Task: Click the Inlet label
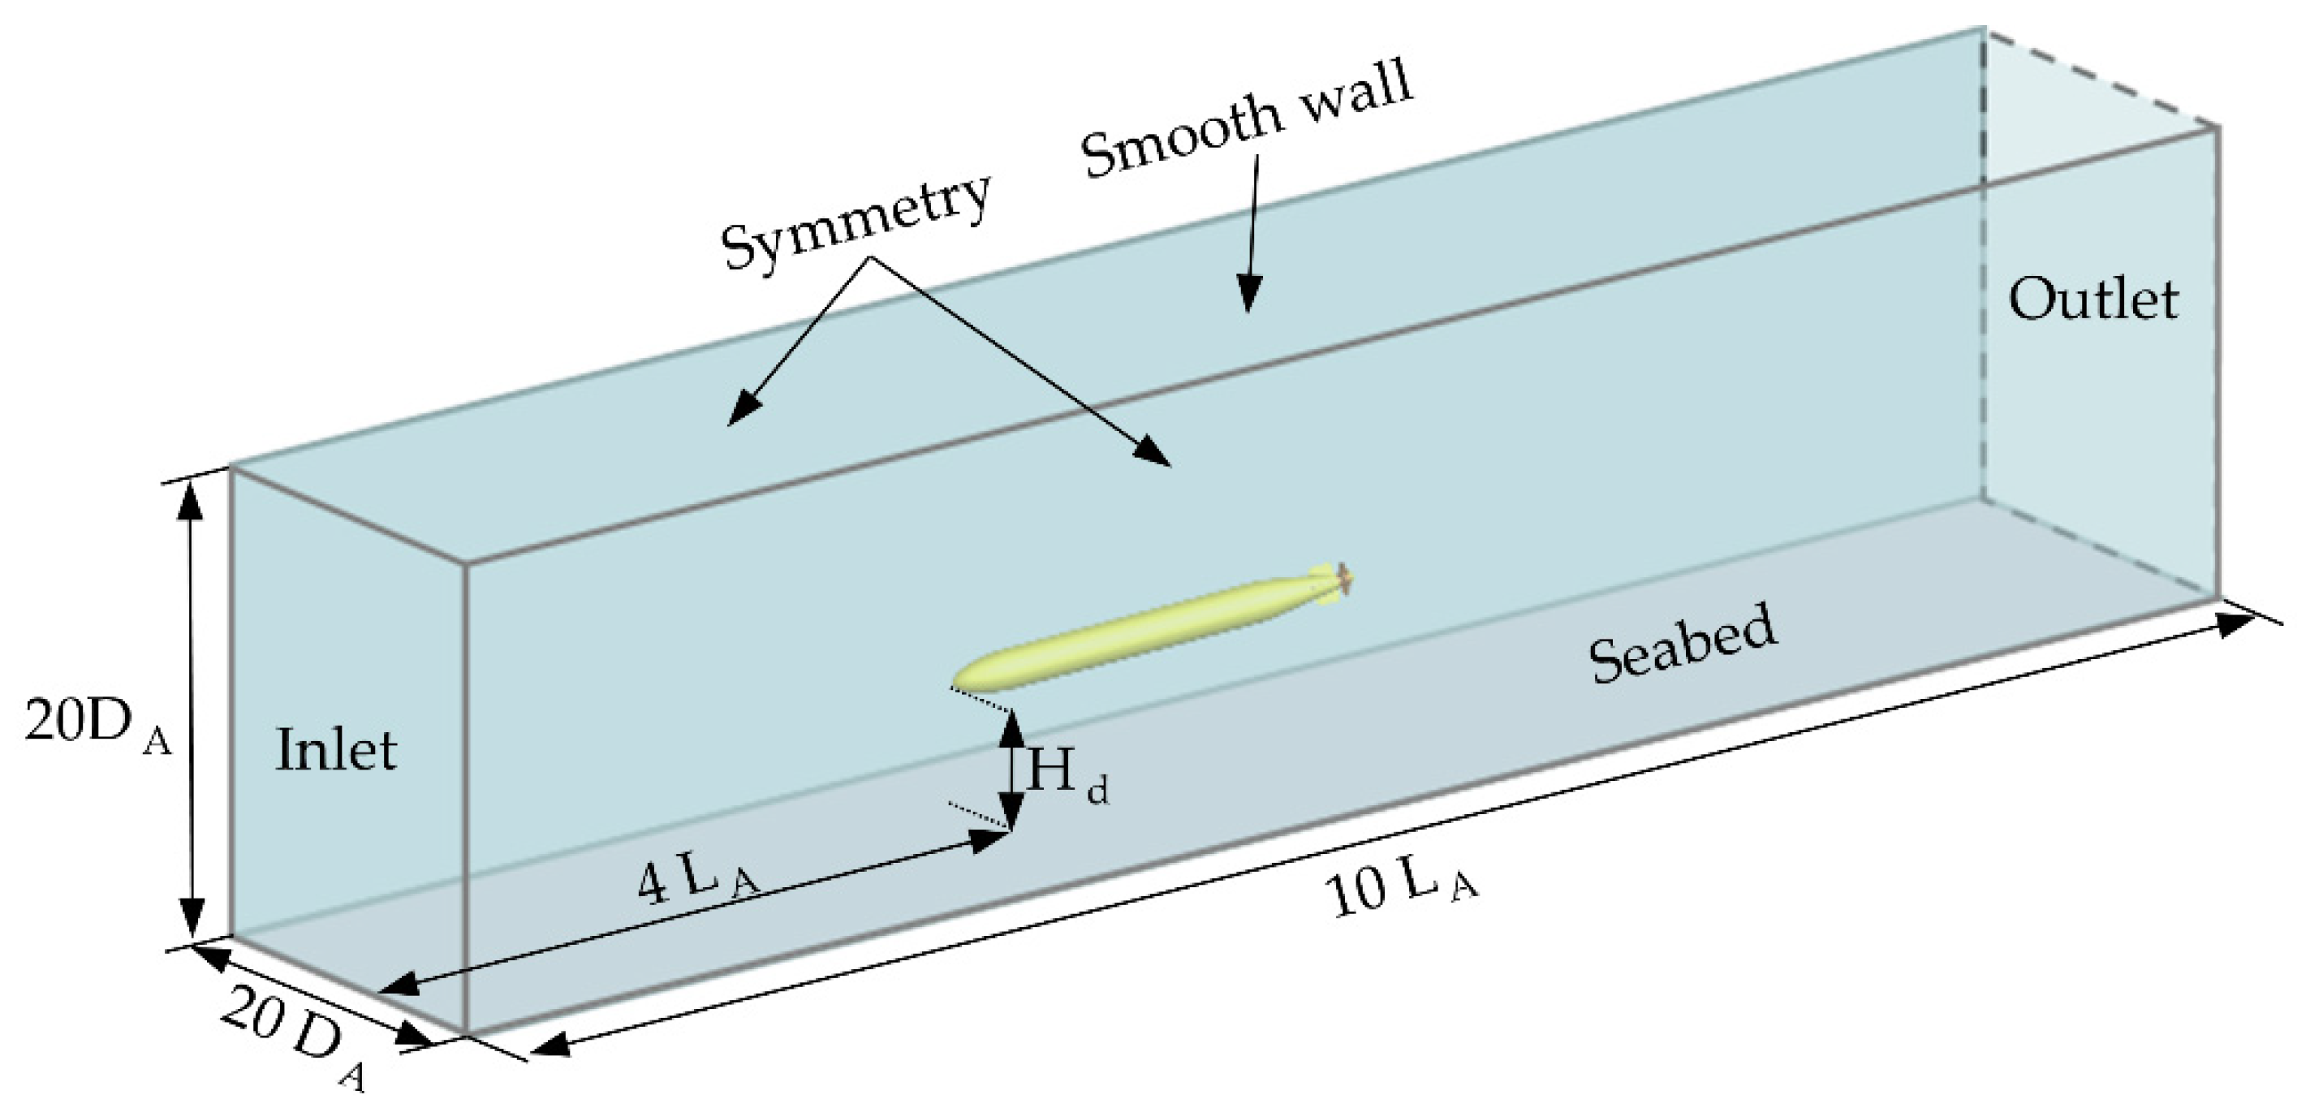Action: click(336, 751)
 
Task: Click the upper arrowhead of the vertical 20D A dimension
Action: click(189, 501)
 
